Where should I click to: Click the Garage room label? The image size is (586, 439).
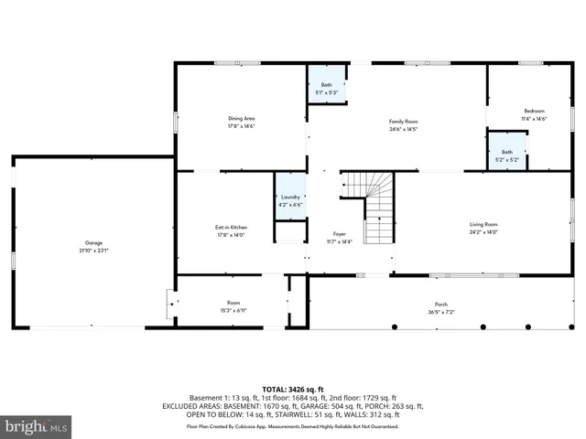93,242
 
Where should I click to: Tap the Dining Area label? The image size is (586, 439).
241,118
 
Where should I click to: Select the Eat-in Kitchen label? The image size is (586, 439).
231,227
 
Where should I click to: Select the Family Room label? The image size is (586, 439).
403,122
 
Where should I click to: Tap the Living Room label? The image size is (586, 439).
483,224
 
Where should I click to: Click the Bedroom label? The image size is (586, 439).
534,111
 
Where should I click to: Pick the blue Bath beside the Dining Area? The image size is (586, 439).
326,88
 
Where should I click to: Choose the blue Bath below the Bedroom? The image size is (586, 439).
506,155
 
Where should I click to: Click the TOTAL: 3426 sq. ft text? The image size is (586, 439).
293,389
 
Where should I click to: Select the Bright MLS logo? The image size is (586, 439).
37,426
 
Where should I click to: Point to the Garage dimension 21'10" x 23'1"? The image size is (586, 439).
93,250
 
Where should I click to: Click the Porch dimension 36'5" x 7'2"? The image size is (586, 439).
441,312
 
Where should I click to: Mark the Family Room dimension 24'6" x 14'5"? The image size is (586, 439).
403,129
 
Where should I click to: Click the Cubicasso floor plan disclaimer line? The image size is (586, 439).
293,426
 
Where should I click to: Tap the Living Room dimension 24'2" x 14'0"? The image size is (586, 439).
483,231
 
